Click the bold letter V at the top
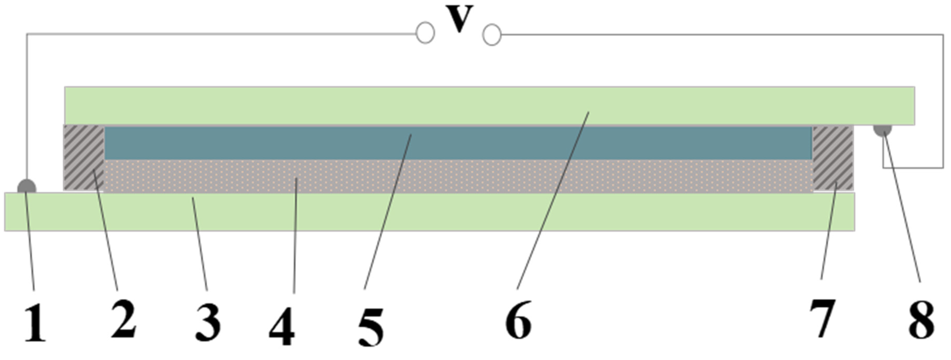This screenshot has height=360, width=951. (x=459, y=19)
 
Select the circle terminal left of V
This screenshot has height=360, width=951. (x=425, y=33)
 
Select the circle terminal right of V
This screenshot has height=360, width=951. (x=492, y=35)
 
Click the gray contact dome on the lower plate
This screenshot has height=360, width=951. (x=27, y=187)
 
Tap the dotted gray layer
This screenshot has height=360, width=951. (x=458, y=176)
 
